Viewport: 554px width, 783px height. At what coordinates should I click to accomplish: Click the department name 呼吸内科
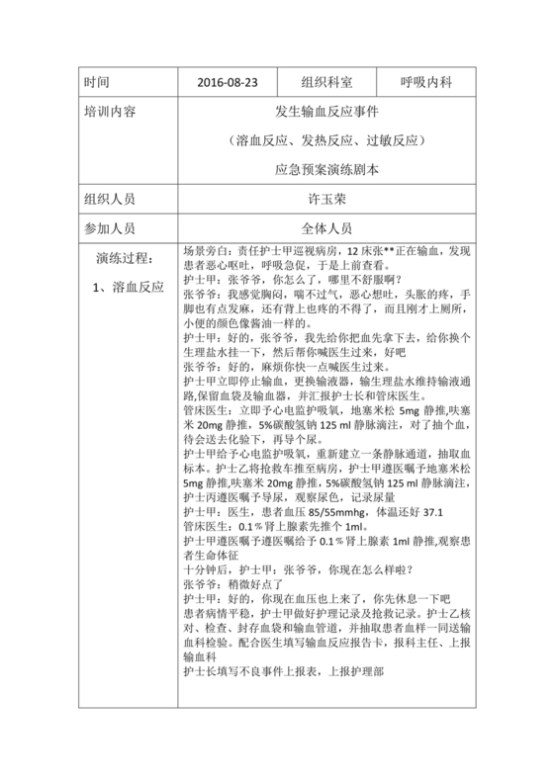(425, 81)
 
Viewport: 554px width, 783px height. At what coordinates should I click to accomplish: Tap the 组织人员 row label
(111, 199)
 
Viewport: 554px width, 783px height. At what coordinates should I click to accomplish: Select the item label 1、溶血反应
(127, 288)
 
